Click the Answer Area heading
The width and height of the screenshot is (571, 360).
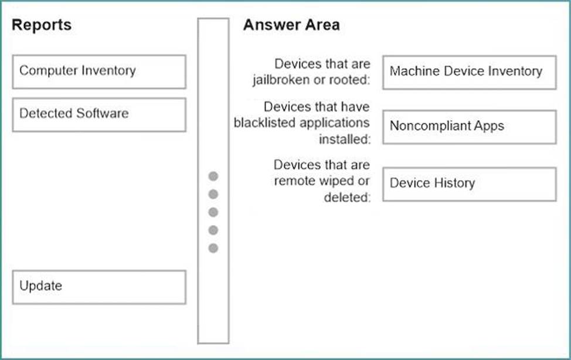[291, 25]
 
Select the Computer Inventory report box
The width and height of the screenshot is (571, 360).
[99, 72]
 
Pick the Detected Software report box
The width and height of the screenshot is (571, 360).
[99, 115]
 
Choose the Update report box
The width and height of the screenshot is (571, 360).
[99, 287]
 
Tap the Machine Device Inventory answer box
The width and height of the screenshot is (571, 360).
[470, 72]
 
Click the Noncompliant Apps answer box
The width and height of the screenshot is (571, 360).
[470, 127]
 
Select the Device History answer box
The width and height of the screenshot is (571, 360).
[470, 184]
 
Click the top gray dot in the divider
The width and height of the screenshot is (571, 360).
[213, 176]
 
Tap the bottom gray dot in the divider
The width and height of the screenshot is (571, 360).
[213, 248]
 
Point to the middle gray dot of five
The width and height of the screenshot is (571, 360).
[213, 212]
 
